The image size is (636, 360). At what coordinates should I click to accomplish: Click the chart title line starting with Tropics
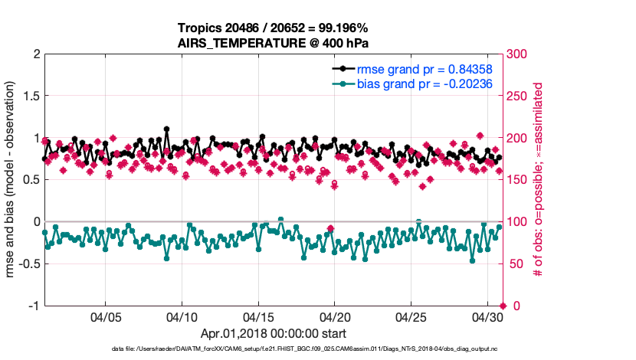[274, 28]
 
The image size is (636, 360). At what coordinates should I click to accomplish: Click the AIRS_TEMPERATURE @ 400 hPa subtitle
[274, 43]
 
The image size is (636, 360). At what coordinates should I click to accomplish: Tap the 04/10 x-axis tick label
[182, 316]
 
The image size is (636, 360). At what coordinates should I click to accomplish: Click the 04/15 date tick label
[258, 316]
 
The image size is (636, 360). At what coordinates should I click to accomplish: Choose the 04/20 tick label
[335, 316]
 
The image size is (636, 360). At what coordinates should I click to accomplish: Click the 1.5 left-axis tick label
[28, 97]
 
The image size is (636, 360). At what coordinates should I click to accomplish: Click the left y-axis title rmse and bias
[12, 180]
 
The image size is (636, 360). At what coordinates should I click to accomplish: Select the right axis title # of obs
[539, 181]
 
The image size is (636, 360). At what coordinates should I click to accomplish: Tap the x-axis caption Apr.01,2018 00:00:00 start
[274, 334]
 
